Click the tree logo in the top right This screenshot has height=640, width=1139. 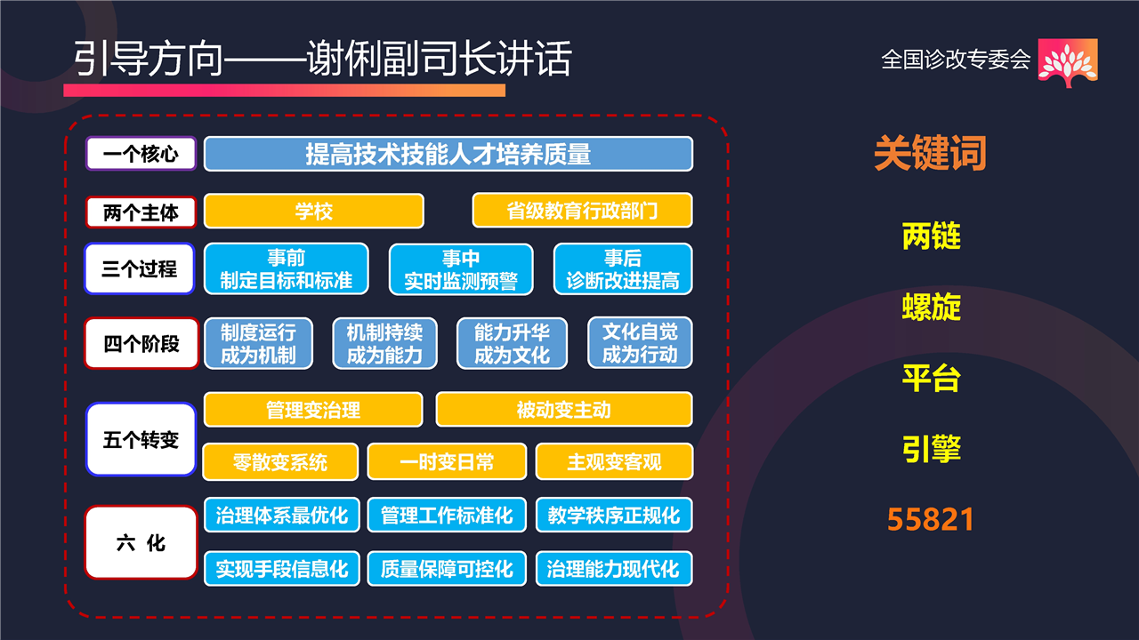click(1067, 62)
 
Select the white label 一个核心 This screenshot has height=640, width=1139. click(141, 154)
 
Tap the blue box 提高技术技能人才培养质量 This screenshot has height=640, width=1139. click(448, 154)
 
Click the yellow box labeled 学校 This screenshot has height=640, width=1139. click(314, 211)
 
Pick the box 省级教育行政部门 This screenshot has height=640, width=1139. click(582, 211)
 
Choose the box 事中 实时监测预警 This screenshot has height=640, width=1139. click(461, 269)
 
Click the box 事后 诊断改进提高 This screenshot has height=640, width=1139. click(623, 268)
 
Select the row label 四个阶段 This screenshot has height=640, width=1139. click(141, 343)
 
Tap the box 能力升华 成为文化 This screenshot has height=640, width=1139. click(512, 343)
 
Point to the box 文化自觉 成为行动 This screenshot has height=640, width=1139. click(640, 343)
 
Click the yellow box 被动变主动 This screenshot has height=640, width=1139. click(564, 410)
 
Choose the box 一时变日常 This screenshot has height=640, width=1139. click(447, 461)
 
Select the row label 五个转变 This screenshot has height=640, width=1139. click(141, 439)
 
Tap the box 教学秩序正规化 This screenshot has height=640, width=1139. click(614, 515)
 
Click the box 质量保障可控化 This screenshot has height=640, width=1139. click(447, 568)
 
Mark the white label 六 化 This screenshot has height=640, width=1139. click(141, 542)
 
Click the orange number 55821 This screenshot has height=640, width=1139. click(931, 519)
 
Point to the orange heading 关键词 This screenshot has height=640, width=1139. click(931, 152)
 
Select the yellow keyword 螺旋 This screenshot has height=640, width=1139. click(932, 307)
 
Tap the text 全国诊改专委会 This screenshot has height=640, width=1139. click(956, 60)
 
